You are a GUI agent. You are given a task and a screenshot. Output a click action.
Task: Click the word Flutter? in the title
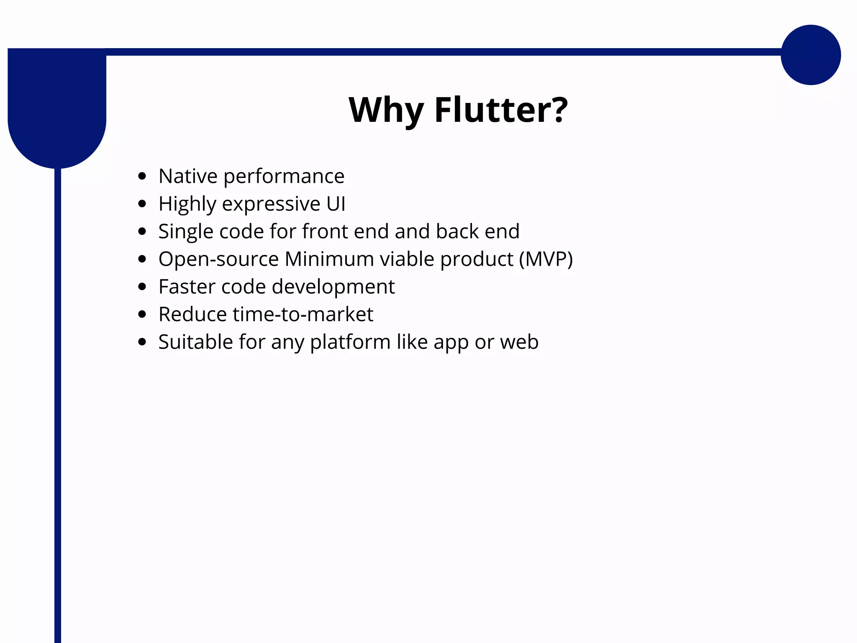501,110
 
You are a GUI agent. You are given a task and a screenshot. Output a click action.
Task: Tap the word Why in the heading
386,111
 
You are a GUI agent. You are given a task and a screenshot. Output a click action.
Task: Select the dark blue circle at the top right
811,55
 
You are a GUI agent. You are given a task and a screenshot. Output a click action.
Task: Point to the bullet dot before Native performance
142,176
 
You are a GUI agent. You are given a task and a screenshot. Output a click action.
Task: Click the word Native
188,176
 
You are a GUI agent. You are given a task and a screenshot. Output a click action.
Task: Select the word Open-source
218,260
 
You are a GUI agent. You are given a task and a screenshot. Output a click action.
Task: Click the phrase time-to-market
303,314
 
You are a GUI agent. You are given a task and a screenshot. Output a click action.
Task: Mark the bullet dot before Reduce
142,314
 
